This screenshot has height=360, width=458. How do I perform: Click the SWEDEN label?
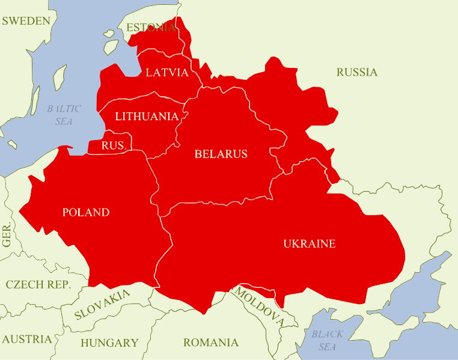(26, 21)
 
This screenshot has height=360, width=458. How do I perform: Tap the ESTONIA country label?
(151, 28)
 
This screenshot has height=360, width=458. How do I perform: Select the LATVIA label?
(167, 73)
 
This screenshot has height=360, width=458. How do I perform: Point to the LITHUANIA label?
(147, 116)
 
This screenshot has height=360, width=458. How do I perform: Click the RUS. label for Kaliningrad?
(113, 145)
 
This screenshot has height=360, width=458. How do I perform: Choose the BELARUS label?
(221, 154)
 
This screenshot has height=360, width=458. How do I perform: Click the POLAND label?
(86, 212)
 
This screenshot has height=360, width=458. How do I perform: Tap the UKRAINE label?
(309, 243)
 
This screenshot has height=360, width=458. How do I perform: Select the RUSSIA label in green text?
(357, 72)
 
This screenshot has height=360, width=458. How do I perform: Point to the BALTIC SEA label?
(64, 115)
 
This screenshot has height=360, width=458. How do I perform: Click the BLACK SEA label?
(328, 340)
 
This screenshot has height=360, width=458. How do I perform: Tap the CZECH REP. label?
(38, 285)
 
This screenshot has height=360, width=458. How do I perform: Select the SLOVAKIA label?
(102, 305)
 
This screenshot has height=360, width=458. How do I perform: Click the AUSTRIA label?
(26, 339)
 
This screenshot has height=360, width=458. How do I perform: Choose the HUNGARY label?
(109, 343)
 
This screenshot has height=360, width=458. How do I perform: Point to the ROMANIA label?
(210, 343)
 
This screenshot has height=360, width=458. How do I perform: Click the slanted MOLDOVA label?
(258, 307)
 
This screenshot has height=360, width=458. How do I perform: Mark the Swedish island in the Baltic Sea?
(59, 77)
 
